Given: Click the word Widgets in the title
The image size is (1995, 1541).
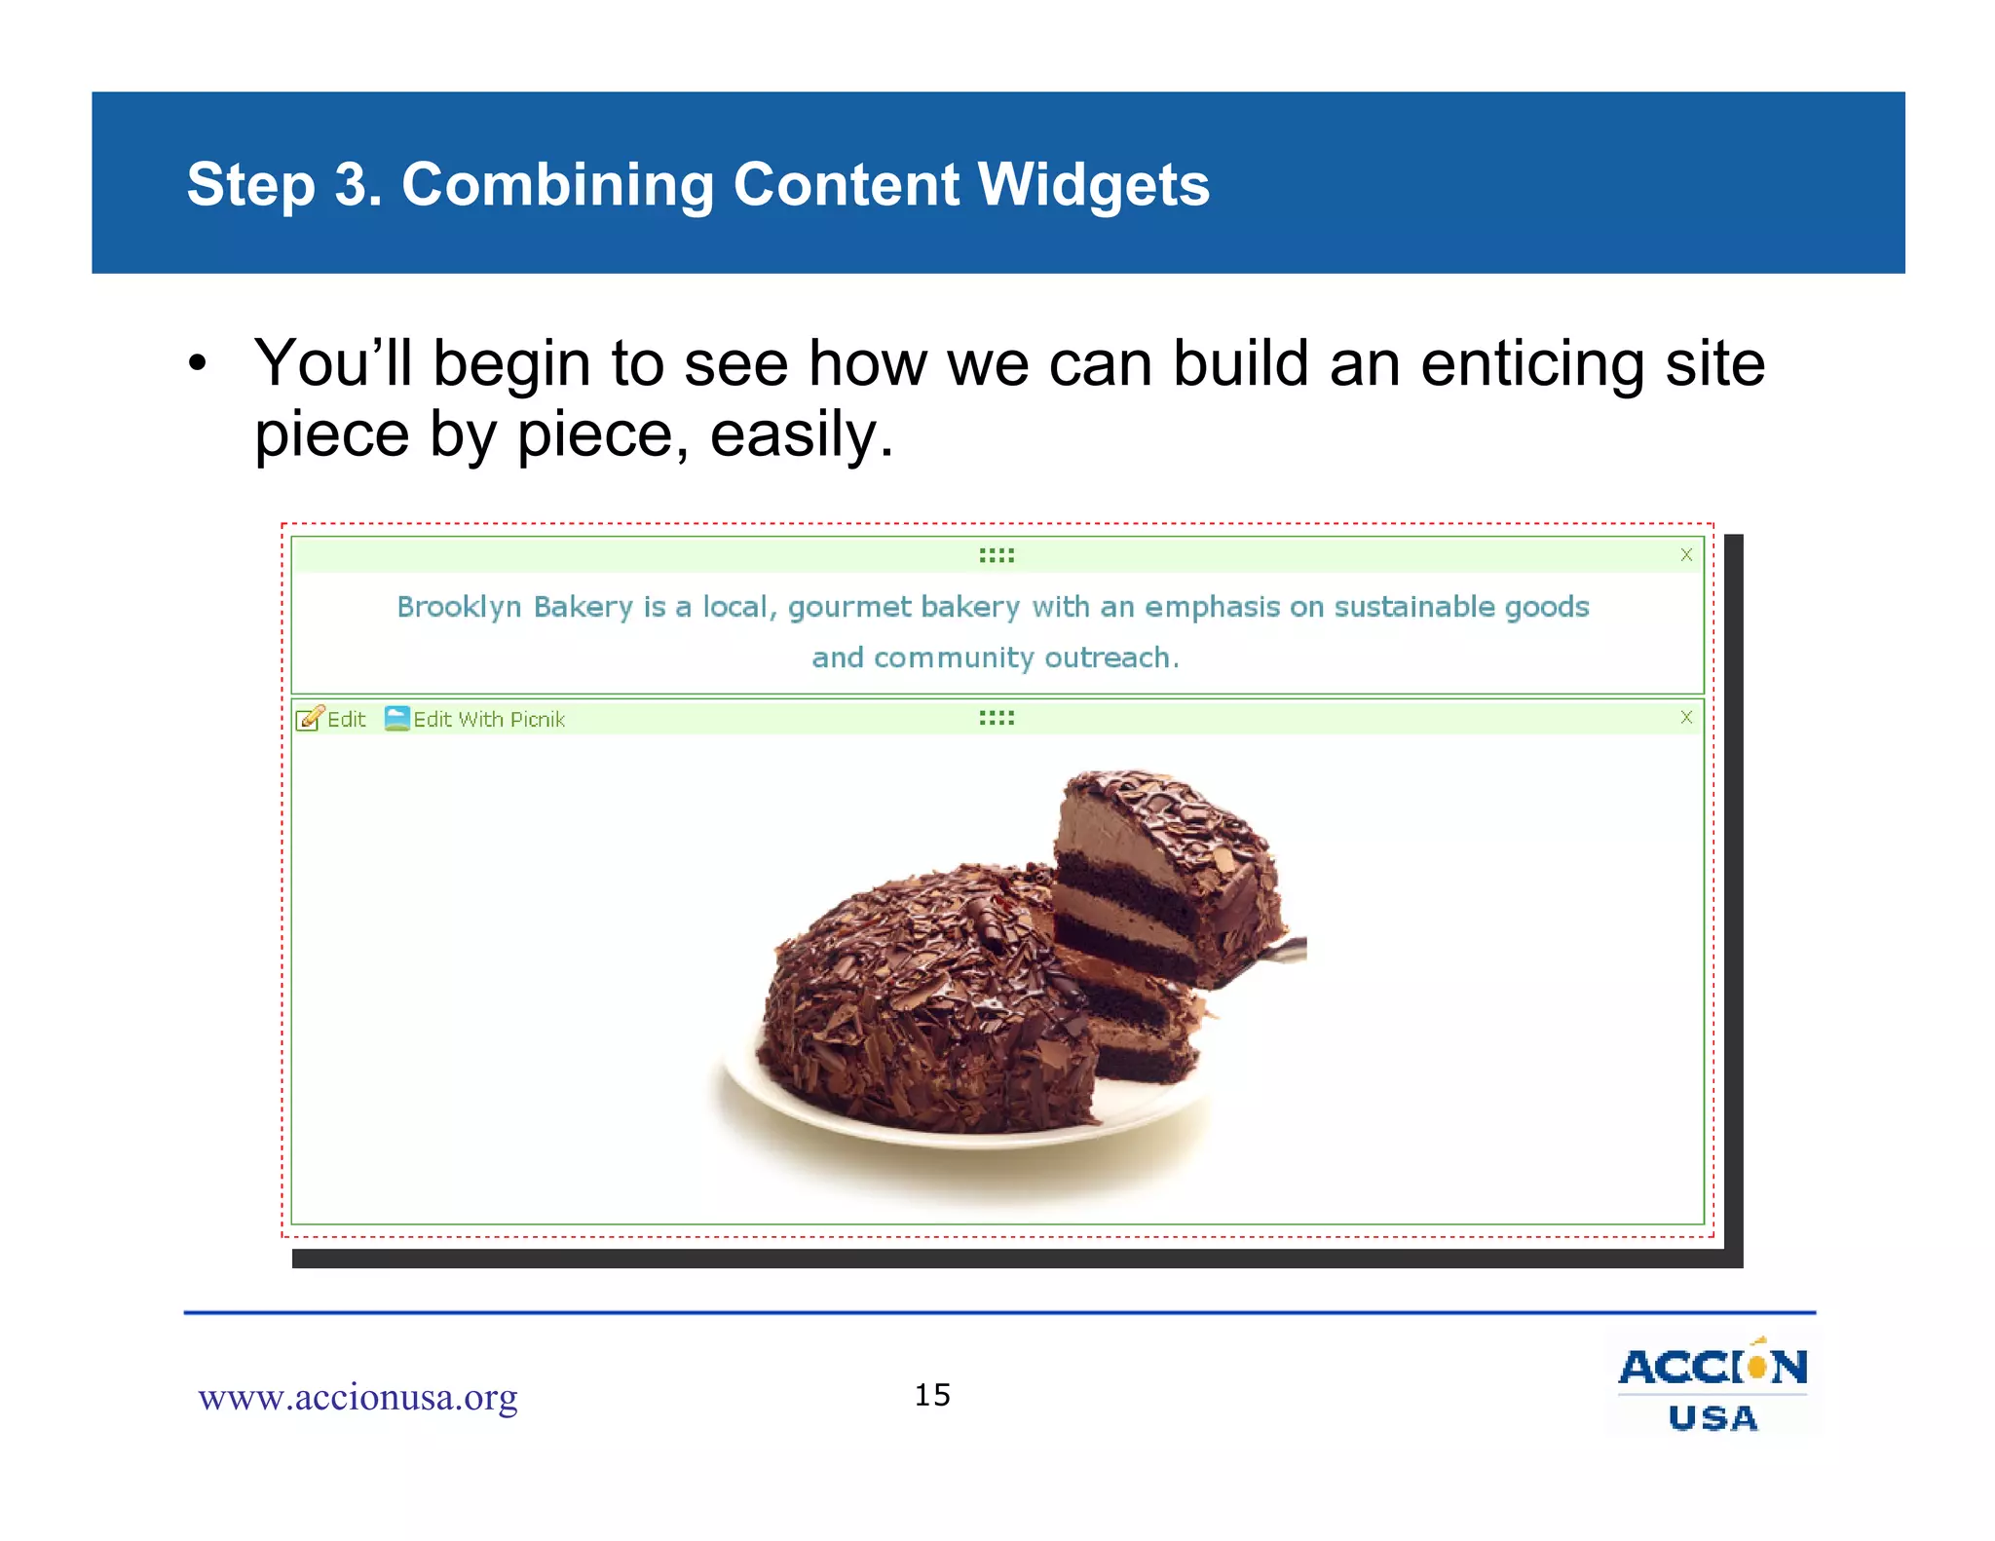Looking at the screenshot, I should point(1093,184).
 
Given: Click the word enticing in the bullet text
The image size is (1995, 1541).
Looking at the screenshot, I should point(1532,363).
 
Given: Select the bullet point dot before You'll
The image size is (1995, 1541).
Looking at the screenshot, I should point(198,364).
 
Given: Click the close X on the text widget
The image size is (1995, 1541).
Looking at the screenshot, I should point(1686,555).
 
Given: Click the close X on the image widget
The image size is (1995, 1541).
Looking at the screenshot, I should point(1686,718).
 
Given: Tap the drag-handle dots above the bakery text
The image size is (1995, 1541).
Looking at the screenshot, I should point(997,555).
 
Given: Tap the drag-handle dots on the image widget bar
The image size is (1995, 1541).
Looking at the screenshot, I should point(997,718).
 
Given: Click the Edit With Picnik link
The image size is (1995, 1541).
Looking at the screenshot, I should point(487,720).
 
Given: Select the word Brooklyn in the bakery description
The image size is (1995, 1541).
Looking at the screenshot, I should point(459,608).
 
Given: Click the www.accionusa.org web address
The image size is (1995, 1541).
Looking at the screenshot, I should point(358,1398).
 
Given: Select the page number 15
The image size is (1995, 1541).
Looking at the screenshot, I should point(932,1395).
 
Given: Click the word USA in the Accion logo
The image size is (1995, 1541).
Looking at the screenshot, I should point(1713,1418).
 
